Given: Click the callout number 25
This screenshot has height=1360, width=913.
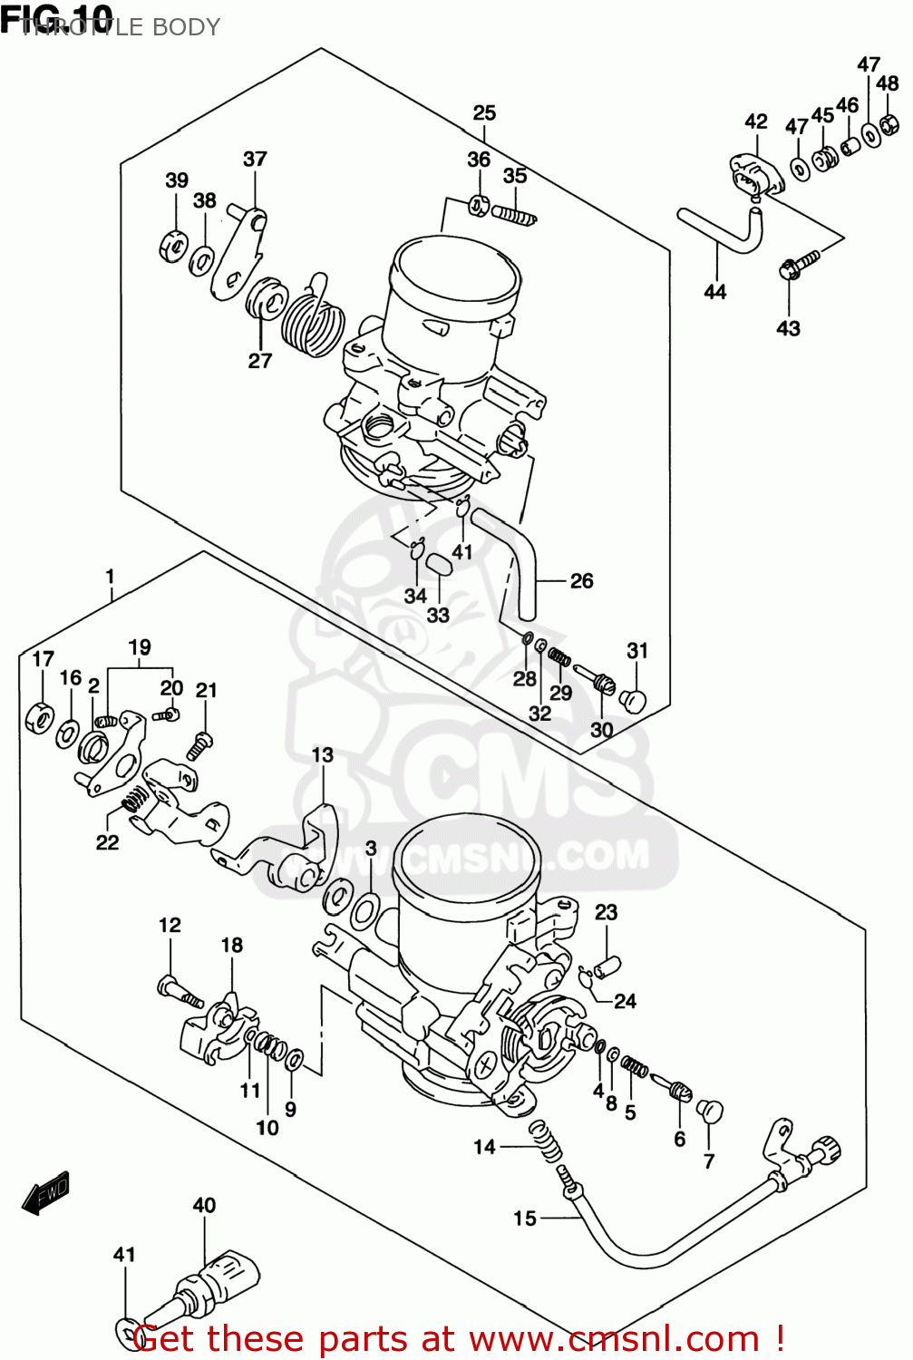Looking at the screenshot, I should pyautogui.click(x=484, y=112).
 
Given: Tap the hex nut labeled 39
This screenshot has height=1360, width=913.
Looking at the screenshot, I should pyautogui.click(x=173, y=246).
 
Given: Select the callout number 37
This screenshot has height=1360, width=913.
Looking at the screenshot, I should pyautogui.click(x=255, y=159).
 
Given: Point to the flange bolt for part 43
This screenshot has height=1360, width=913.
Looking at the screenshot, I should pyautogui.click(x=796, y=264).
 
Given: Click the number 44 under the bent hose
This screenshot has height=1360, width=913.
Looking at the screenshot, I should pyautogui.click(x=715, y=292).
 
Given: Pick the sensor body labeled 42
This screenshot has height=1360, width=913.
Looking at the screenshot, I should pyautogui.click(x=754, y=176).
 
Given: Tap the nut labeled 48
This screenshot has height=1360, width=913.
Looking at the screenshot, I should pyautogui.click(x=889, y=123).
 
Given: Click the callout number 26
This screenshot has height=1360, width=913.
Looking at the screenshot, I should pyautogui.click(x=581, y=580).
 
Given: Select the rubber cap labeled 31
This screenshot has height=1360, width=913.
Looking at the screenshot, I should pyautogui.click(x=634, y=699).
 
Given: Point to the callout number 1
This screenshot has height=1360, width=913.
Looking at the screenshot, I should pyautogui.click(x=110, y=576).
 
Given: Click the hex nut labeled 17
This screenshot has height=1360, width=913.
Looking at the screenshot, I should pyautogui.click(x=39, y=716).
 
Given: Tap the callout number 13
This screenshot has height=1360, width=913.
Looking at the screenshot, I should pyautogui.click(x=322, y=754).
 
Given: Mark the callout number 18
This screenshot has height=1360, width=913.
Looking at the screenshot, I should pyautogui.click(x=232, y=945).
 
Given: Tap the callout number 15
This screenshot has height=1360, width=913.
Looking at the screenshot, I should pyautogui.click(x=525, y=1219).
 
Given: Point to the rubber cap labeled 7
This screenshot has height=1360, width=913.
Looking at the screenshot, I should pyautogui.click(x=709, y=1112).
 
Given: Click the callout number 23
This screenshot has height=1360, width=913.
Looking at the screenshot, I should pyautogui.click(x=606, y=912).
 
